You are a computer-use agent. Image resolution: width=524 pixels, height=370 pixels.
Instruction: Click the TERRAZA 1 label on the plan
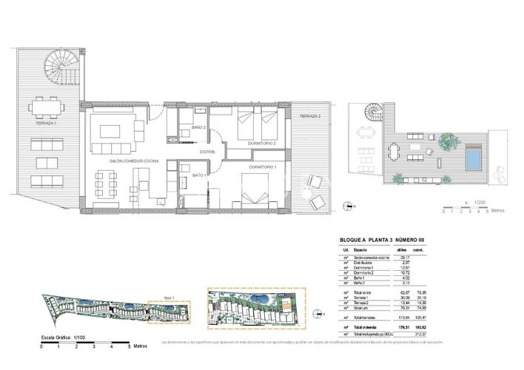(45, 123)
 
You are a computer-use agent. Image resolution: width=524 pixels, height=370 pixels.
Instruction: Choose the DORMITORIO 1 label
(263, 167)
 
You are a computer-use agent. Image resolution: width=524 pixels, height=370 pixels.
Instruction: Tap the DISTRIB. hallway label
(207, 152)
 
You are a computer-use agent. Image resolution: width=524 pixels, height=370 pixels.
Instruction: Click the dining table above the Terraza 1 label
(45, 109)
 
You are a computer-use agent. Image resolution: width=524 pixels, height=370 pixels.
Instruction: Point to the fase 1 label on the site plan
(169, 297)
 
